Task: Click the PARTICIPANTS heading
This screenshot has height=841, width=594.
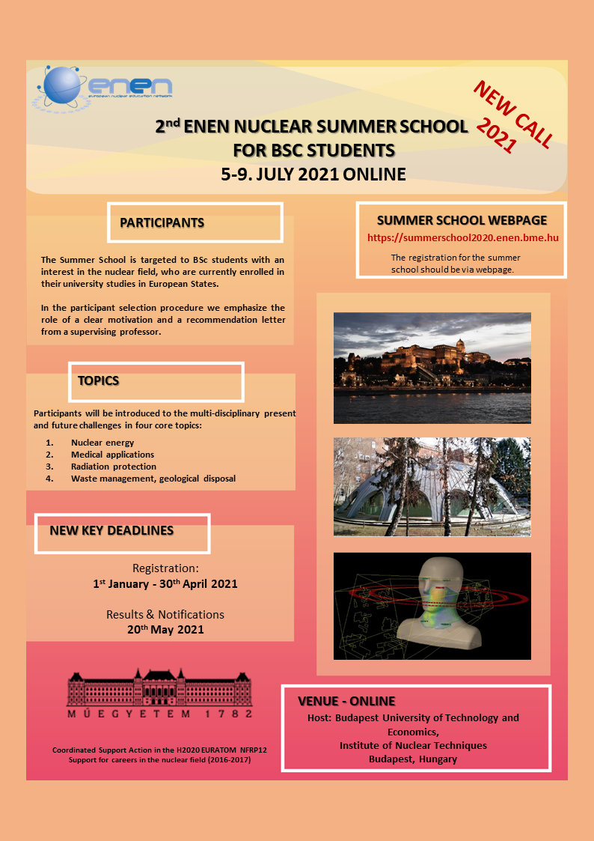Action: (x=162, y=223)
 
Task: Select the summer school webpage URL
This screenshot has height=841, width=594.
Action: (x=463, y=238)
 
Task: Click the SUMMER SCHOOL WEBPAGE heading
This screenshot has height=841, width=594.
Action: (x=462, y=220)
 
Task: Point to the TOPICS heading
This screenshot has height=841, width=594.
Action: (x=99, y=381)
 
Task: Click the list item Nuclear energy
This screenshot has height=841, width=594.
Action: (x=102, y=443)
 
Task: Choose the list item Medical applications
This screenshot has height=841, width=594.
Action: (x=112, y=455)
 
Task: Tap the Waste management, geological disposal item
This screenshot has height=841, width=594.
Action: (x=153, y=479)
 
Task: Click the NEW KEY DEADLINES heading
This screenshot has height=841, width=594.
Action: (x=111, y=531)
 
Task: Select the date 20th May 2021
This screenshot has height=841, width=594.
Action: (x=165, y=630)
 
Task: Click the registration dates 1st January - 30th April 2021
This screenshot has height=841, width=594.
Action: (x=165, y=583)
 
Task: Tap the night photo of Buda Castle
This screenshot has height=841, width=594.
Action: (x=432, y=368)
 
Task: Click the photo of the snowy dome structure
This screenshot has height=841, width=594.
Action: (x=432, y=487)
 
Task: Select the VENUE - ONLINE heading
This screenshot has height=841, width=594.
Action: (x=346, y=702)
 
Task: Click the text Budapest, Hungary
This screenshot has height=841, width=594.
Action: (x=413, y=759)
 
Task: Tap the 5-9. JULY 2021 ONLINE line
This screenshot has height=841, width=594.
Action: (x=313, y=174)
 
